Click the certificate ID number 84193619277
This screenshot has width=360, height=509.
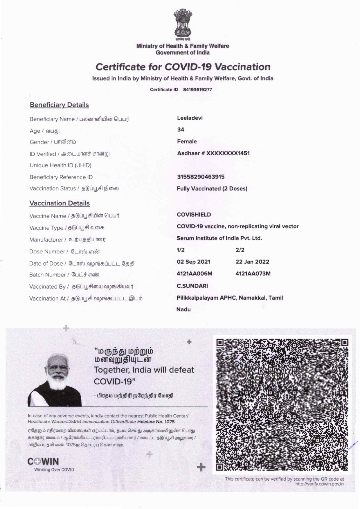point(197,90)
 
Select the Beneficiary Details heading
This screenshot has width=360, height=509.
point(59,105)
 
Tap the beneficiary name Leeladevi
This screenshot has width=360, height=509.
point(190,118)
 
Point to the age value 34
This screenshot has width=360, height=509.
point(181,130)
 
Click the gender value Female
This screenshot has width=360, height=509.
point(187,142)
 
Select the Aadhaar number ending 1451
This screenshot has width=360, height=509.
point(213,153)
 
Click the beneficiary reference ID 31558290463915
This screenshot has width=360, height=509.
point(201,177)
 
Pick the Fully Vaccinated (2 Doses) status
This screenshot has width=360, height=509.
point(212,189)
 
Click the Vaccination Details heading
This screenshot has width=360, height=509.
point(60,203)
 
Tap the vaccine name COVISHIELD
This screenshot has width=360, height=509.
point(194,215)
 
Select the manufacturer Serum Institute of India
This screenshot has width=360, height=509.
point(219,238)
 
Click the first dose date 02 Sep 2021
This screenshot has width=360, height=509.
point(193,262)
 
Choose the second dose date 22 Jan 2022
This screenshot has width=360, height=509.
point(252,262)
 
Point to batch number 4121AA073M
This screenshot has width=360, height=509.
point(253,274)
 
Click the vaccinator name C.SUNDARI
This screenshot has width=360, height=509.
point(192,286)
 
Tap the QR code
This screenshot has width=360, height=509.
point(282,405)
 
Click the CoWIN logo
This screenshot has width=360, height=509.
point(43,461)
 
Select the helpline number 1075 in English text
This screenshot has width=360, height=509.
point(170,422)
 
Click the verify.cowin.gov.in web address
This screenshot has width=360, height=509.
point(319,484)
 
